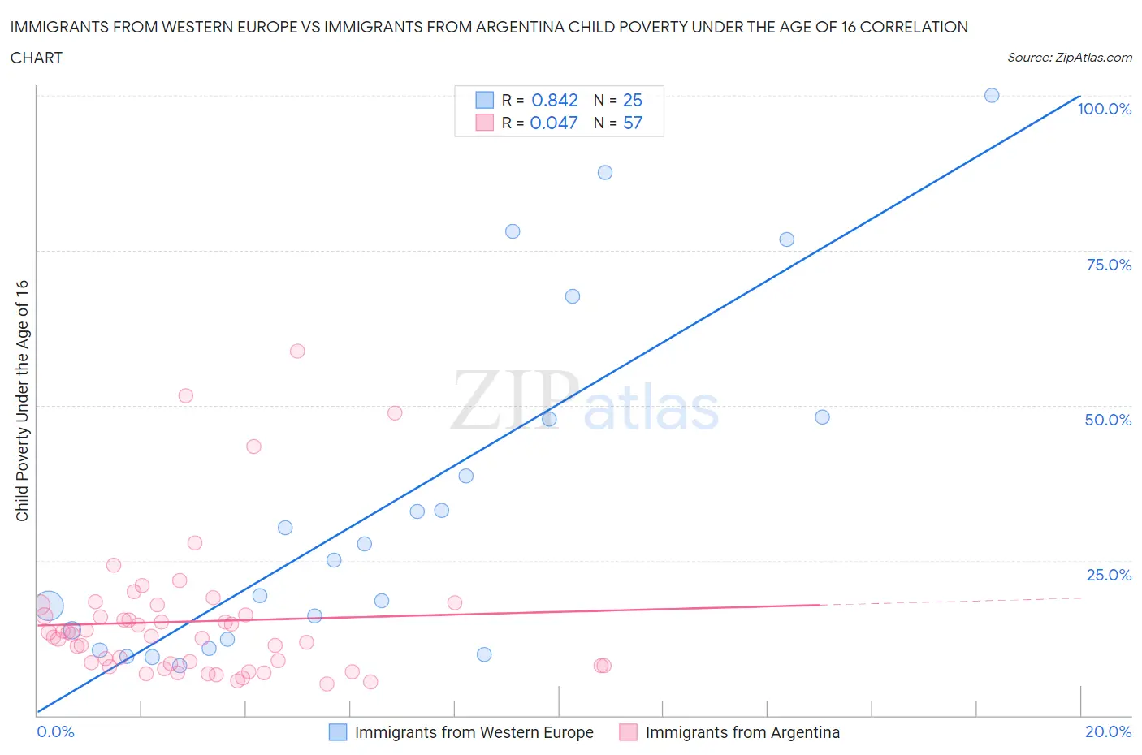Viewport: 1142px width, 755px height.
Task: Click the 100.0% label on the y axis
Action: click(1104, 109)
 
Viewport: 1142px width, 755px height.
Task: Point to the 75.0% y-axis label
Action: click(1109, 265)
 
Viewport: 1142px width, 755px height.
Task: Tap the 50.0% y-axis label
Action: click(1108, 420)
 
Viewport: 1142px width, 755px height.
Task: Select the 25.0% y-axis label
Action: click(1109, 575)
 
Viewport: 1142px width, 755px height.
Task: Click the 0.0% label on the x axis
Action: click(55, 731)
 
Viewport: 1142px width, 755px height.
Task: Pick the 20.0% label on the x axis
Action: click(1108, 731)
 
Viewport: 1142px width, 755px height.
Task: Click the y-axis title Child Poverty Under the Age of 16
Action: click(22, 400)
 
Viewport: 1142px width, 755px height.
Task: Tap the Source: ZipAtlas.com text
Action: click(1069, 58)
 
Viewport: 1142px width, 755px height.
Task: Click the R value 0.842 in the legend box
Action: click(554, 100)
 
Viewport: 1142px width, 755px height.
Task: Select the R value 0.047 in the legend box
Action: click(554, 123)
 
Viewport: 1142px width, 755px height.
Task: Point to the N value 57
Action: click(633, 123)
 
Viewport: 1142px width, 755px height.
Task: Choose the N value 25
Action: click(633, 100)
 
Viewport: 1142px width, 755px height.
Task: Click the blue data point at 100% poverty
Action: click(992, 95)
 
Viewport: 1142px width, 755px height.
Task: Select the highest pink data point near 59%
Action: click(297, 351)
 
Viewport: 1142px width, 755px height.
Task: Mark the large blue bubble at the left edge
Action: click(48, 606)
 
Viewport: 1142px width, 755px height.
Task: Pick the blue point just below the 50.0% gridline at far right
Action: click(822, 417)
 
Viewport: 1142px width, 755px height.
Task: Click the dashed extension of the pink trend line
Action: click(950, 602)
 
